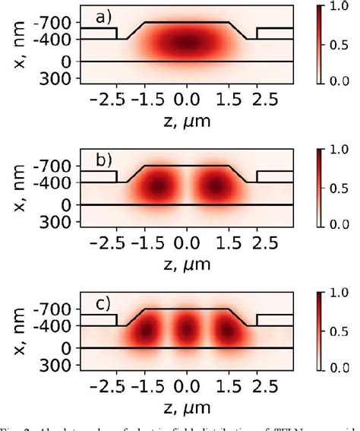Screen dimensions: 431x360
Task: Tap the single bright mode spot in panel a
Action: pyautogui.click(x=186, y=43)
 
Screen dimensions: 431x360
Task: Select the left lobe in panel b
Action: pyautogui.click(x=158, y=186)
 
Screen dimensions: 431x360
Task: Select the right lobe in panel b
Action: pyautogui.click(x=215, y=186)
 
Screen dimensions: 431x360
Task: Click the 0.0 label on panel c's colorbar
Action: pyautogui.click(x=338, y=366)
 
